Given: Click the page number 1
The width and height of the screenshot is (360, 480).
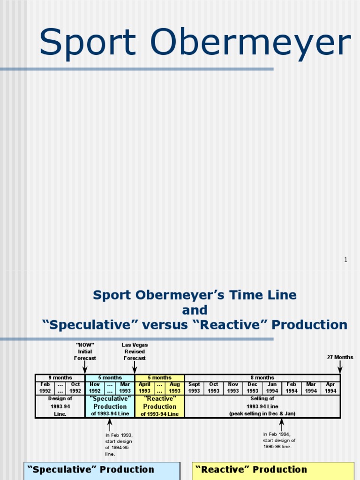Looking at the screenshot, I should pos(345,260).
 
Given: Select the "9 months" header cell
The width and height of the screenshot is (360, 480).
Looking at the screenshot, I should pos(60,378).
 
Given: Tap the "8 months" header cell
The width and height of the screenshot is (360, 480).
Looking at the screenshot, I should pos(262,378).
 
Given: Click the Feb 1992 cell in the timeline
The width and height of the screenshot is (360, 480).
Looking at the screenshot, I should pos(45,388).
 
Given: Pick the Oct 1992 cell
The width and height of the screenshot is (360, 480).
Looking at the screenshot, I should pos(75,388).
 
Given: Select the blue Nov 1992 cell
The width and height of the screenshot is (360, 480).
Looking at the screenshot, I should pos(95,388).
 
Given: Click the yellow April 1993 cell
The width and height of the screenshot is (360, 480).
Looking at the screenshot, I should pos(144,388).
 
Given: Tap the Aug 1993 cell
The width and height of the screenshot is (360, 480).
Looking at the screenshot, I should pos(175,388).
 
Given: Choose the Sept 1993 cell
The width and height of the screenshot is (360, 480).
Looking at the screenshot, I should pos(194,388).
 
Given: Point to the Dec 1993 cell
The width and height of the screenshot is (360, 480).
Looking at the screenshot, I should pos(253,388).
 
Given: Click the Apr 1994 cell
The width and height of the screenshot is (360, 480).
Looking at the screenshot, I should pos(330,388).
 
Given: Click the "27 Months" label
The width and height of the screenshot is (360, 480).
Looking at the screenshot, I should pos(340,357).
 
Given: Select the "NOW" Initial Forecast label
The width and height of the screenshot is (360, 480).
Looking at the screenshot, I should pos(85,352).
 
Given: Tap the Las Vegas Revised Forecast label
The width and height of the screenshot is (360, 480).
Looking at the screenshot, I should pos(135,352).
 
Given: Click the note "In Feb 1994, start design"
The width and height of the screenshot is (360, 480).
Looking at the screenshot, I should pos(279,440).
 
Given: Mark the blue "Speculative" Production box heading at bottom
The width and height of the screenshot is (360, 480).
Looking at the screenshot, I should pos(91,470).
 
